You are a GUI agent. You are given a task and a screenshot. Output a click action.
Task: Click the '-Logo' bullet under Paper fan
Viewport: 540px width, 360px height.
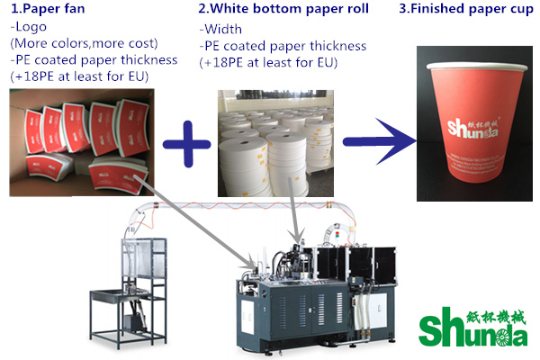(x=27, y=29)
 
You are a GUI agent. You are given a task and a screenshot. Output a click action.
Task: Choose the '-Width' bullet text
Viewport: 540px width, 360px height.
(x=220, y=29)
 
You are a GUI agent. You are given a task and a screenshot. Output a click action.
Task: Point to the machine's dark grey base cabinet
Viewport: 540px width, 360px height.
(x=279, y=310)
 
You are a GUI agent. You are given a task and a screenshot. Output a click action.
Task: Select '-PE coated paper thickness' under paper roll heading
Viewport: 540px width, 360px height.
(x=283, y=47)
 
